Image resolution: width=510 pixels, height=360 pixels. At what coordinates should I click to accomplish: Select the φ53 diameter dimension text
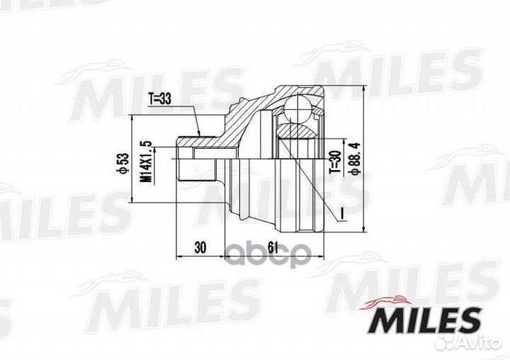pos(121,164)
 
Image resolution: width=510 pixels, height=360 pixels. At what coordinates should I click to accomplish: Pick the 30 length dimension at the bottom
pos(201,249)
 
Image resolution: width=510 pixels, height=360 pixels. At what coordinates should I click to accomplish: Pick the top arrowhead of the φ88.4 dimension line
pos(362,88)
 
